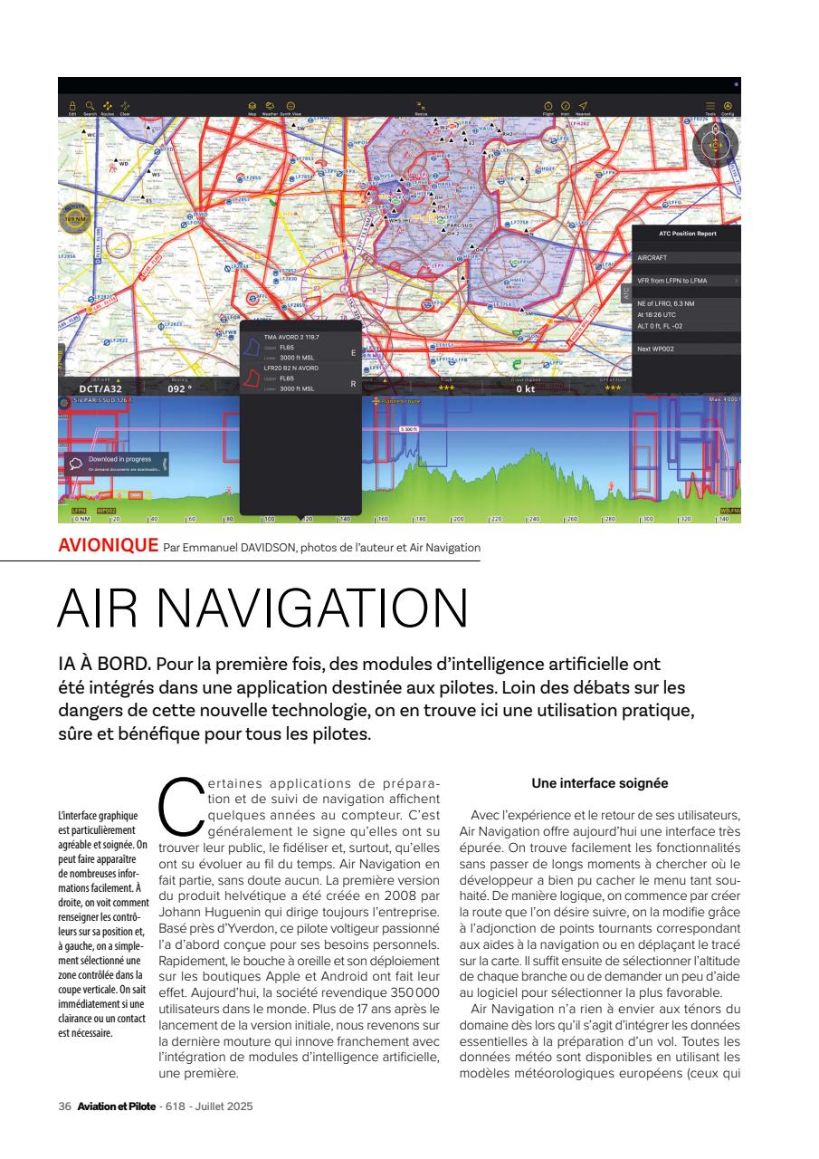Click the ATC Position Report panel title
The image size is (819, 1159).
pos(687,234)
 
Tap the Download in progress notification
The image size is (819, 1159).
pos(113,463)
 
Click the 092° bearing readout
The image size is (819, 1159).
pos(180,388)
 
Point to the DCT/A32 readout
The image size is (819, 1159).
pos(101,388)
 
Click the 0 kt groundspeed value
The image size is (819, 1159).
pos(526,388)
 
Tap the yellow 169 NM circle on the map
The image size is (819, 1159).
pos(71,218)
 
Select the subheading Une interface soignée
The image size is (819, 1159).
pos(600,783)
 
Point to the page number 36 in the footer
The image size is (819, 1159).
pos(64,1106)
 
